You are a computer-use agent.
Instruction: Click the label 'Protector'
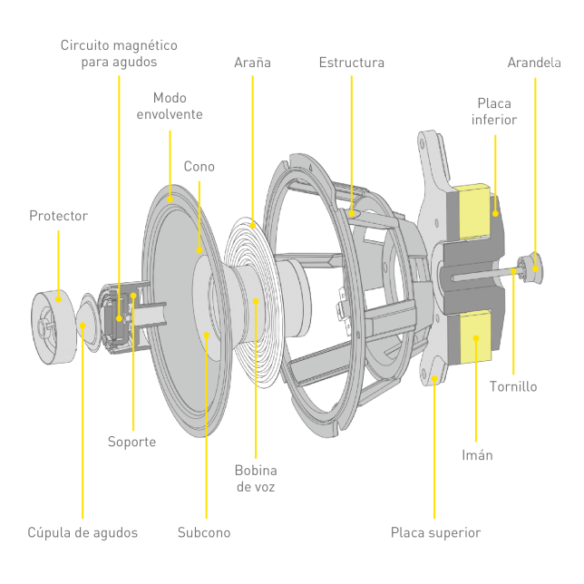[58, 216]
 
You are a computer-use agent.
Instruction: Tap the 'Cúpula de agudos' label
[83, 532]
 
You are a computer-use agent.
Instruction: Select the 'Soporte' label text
[132, 442]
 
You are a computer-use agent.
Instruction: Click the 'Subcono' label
[204, 532]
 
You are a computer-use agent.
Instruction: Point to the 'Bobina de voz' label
[256, 479]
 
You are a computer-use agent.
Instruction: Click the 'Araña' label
[252, 63]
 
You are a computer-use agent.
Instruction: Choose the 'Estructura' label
[351, 63]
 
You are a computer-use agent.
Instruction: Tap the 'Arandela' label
[534, 63]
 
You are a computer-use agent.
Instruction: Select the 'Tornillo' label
[513, 386]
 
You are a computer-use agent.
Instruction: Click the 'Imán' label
[477, 454]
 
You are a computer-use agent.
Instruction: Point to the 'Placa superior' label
[435, 532]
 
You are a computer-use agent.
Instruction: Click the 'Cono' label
[200, 167]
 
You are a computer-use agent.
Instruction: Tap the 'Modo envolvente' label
[170, 106]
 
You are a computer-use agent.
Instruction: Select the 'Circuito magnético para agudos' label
[119, 53]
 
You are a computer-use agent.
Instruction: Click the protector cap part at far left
[54, 318]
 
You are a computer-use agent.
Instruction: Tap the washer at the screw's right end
[534, 266]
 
